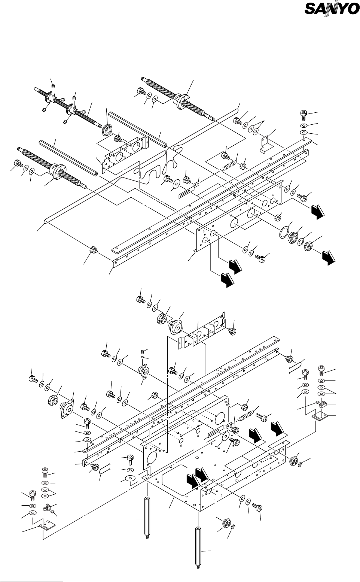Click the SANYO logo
[332, 8]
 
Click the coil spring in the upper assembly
[229, 165]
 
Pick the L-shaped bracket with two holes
[266, 144]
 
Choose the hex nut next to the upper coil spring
[242, 166]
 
